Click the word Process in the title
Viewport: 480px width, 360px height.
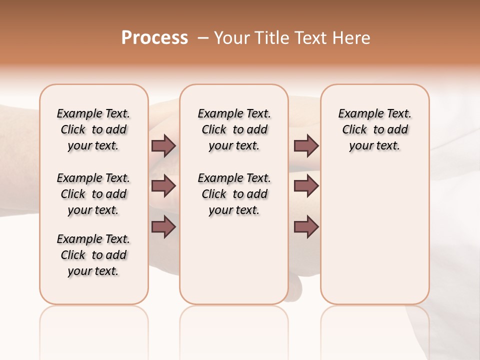coord(154,38)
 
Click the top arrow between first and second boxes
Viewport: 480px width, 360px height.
coord(163,145)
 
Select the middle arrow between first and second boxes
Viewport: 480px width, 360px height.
coord(163,186)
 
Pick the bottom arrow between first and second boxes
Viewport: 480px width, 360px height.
coord(163,226)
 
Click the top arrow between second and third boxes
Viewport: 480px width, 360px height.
coord(306,145)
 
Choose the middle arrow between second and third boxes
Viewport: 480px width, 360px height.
coord(306,186)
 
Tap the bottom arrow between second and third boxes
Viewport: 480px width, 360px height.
coord(306,226)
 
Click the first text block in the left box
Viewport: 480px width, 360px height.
coord(93,129)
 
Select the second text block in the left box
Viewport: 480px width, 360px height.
coord(93,194)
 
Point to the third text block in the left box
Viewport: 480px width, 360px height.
coord(93,255)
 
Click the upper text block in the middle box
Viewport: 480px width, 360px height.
coord(234,129)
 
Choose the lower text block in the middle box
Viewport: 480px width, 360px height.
coord(234,194)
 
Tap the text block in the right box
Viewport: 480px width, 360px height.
coord(374,129)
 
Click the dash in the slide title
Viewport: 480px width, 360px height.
coord(203,38)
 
